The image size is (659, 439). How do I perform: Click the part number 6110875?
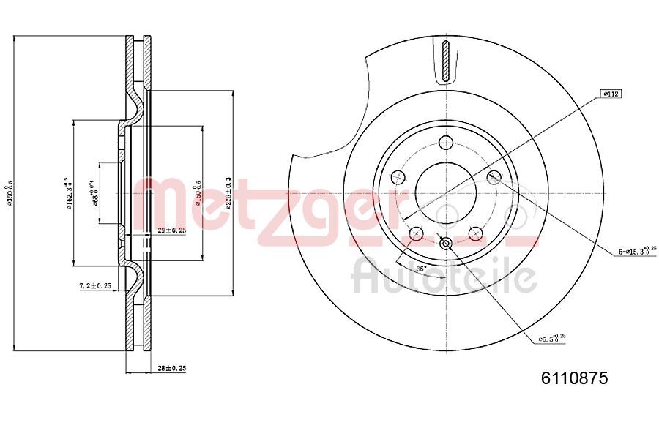click(575, 378)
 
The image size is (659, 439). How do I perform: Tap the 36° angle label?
click(421, 269)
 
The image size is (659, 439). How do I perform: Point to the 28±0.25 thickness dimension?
click(171, 368)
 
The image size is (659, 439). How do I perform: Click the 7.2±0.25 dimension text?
click(96, 285)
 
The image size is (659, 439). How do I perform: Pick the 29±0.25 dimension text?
click(171, 230)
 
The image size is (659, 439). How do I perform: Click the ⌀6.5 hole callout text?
click(553, 338)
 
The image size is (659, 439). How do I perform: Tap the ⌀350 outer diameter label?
click(10, 193)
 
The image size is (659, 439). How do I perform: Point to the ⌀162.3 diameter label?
click(68, 194)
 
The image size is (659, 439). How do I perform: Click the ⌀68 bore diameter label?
click(94, 194)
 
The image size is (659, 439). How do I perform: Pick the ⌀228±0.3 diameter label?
click(228, 193)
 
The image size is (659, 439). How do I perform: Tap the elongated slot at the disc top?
click(446, 62)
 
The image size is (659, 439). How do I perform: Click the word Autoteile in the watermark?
click(444, 277)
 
